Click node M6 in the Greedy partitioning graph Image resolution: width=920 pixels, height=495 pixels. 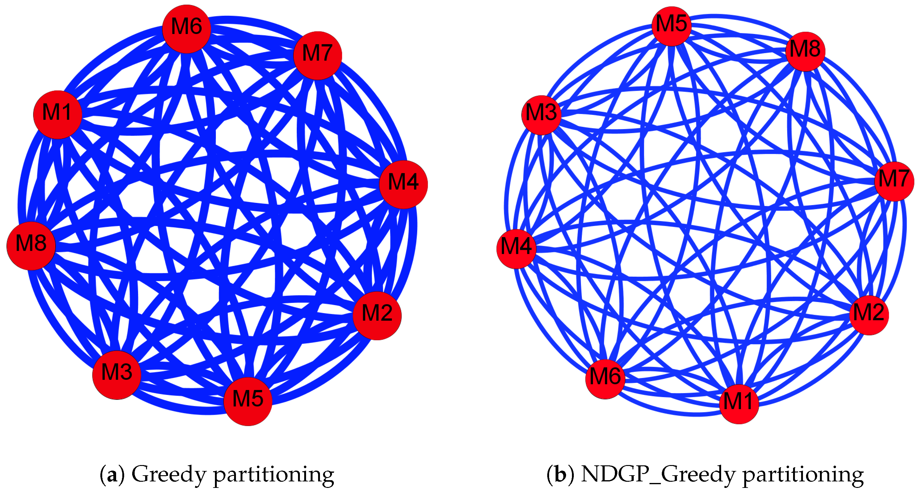pos(187,29)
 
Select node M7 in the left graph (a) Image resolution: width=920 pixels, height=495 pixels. pos(317,55)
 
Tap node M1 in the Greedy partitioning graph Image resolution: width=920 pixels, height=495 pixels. pos(57,115)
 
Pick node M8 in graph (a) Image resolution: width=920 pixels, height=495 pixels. pos(31,246)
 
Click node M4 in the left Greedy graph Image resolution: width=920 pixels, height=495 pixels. pos(403,184)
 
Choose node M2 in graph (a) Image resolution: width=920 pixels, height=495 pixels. pos(377,315)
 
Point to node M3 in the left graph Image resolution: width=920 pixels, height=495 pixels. pos(117,375)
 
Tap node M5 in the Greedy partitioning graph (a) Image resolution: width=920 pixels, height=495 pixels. pos(248,401)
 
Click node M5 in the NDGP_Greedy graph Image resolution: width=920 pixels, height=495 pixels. pos(671,26)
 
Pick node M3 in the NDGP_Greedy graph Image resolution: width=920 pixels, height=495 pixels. pos(541,115)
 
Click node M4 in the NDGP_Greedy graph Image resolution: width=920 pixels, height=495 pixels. pos(516,249)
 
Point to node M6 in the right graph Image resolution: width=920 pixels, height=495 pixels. pos(605,379)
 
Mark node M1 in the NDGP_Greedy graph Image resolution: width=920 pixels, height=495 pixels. pos(739,404)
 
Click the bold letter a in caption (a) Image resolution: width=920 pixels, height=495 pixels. pos(112,475)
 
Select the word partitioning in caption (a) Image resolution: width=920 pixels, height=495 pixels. pos(273,475)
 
